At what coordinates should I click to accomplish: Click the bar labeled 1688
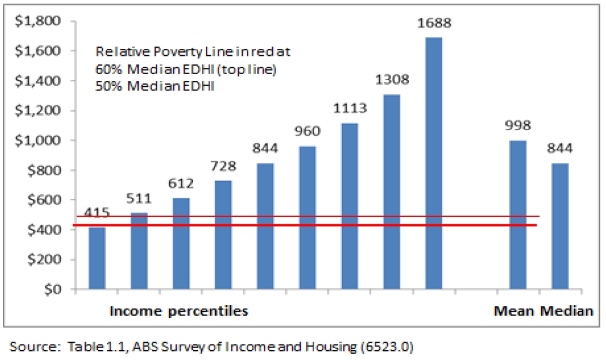pos(434,163)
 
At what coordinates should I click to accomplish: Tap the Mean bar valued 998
pos(519,215)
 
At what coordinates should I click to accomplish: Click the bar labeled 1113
pos(350,206)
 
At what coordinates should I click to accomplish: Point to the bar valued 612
pos(181,244)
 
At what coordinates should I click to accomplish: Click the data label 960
pos(308,132)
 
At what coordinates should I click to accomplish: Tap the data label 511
pos(139,199)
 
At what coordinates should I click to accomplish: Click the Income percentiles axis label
pos(178,311)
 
